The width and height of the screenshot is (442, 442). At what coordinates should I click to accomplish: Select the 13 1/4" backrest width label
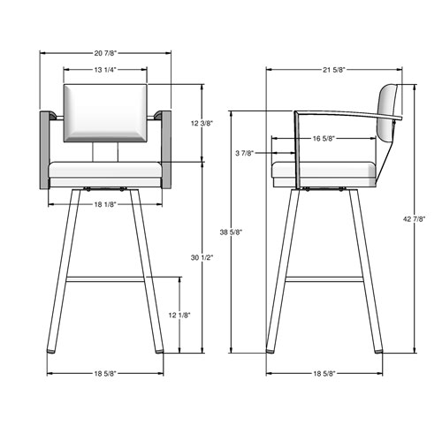tap(105, 68)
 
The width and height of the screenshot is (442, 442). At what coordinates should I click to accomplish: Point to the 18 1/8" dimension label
tap(105, 204)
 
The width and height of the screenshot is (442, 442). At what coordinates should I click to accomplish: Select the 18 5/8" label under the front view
tap(105, 373)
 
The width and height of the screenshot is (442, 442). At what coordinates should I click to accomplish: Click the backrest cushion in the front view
tap(105, 111)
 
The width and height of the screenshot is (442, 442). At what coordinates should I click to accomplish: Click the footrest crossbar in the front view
tap(105, 278)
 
